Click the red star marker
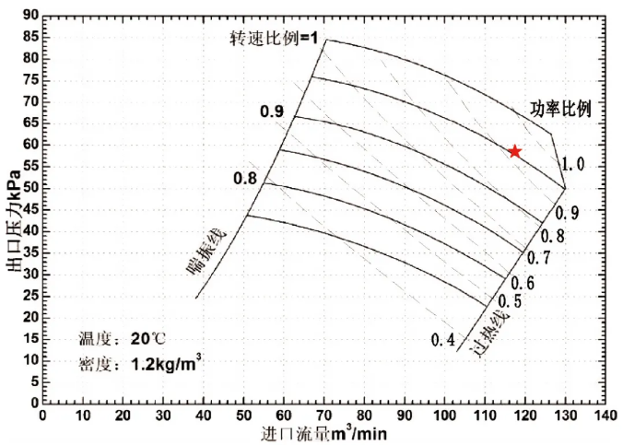pyautogui.click(x=515, y=151)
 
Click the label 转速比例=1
pyautogui.click(x=274, y=38)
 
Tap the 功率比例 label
pyautogui.click(x=560, y=108)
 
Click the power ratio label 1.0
pyautogui.click(x=573, y=165)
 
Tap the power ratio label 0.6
pyautogui.click(x=523, y=283)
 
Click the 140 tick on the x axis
pyautogui.click(x=605, y=415)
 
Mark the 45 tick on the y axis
pyautogui.click(x=30, y=209)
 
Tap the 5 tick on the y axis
pyautogui.click(x=34, y=381)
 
